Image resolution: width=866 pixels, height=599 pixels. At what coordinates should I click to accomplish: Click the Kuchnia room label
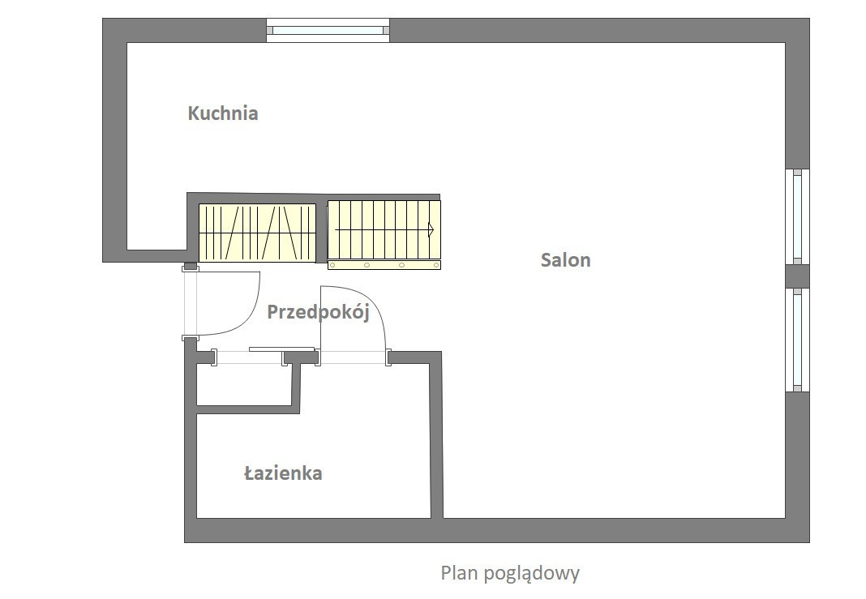tap(223, 113)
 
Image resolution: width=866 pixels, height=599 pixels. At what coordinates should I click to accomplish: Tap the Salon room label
tap(565, 260)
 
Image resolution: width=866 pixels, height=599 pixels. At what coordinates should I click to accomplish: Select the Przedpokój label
tap(318, 313)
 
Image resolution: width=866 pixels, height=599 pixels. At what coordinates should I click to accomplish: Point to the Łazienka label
tap(283, 473)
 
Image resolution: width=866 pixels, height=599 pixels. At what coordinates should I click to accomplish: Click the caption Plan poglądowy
tap(510, 573)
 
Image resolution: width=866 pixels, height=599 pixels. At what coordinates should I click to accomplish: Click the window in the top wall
tap(328, 30)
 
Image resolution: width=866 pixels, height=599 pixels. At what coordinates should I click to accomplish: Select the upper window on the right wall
tap(798, 217)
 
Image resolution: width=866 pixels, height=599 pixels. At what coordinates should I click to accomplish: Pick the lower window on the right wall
tap(798, 340)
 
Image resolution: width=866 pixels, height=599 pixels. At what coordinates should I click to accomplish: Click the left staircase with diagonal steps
tap(257, 233)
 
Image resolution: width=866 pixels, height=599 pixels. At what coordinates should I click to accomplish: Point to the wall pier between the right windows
tap(798, 276)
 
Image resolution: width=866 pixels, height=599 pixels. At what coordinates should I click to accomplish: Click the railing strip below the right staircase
tap(384, 265)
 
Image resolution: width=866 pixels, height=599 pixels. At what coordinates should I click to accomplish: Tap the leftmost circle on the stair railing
tap(332, 266)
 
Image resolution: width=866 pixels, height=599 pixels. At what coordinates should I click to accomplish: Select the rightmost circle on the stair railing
tap(436, 266)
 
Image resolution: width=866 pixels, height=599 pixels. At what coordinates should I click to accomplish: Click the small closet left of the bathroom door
tap(243, 385)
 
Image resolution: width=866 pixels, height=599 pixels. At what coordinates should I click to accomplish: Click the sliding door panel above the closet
tap(281, 349)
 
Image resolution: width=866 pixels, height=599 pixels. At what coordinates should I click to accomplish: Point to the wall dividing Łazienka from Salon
tap(436, 435)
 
